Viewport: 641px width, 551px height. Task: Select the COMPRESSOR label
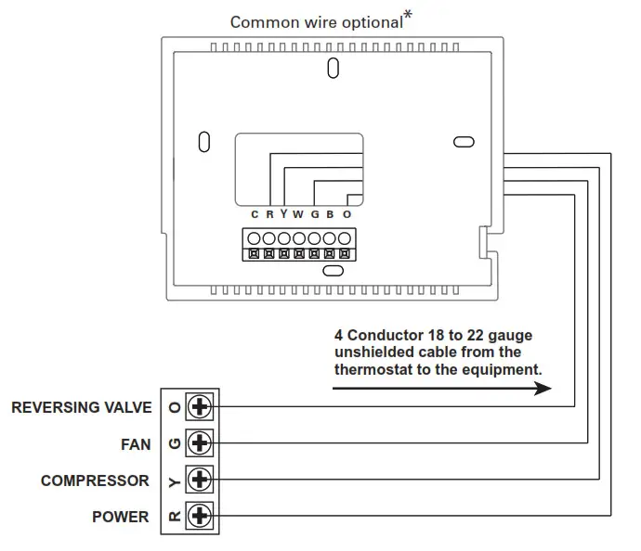pyautogui.click(x=95, y=481)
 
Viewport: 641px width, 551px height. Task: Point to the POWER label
pyautogui.click(x=120, y=517)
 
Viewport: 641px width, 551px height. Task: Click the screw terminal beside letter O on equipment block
pyautogui.click(x=200, y=406)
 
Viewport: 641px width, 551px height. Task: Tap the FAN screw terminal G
pyautogui.click(x=200, y=443)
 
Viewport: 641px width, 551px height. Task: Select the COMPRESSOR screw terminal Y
pyautogui.click(x=200, y=480)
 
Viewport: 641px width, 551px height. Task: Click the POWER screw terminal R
pyautogui.click(x=200, y=516)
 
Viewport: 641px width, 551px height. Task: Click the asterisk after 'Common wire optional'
pyautogui.click(x=408, y=15)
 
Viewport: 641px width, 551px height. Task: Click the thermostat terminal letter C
pyautogui.click(x=255, y=214)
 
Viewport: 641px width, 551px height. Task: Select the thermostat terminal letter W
pyautogui.click(x=298, y=214)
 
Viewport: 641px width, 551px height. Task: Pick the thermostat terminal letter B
pyautogui.click(x=331, y=214)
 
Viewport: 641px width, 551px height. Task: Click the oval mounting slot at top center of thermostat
pyautogui.click(x=332, y=69)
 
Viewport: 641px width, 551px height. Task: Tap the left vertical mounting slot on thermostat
pyautogui.click(x=204, y=142)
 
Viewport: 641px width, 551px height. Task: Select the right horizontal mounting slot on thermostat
pyautogui.click(x=463, y=141)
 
